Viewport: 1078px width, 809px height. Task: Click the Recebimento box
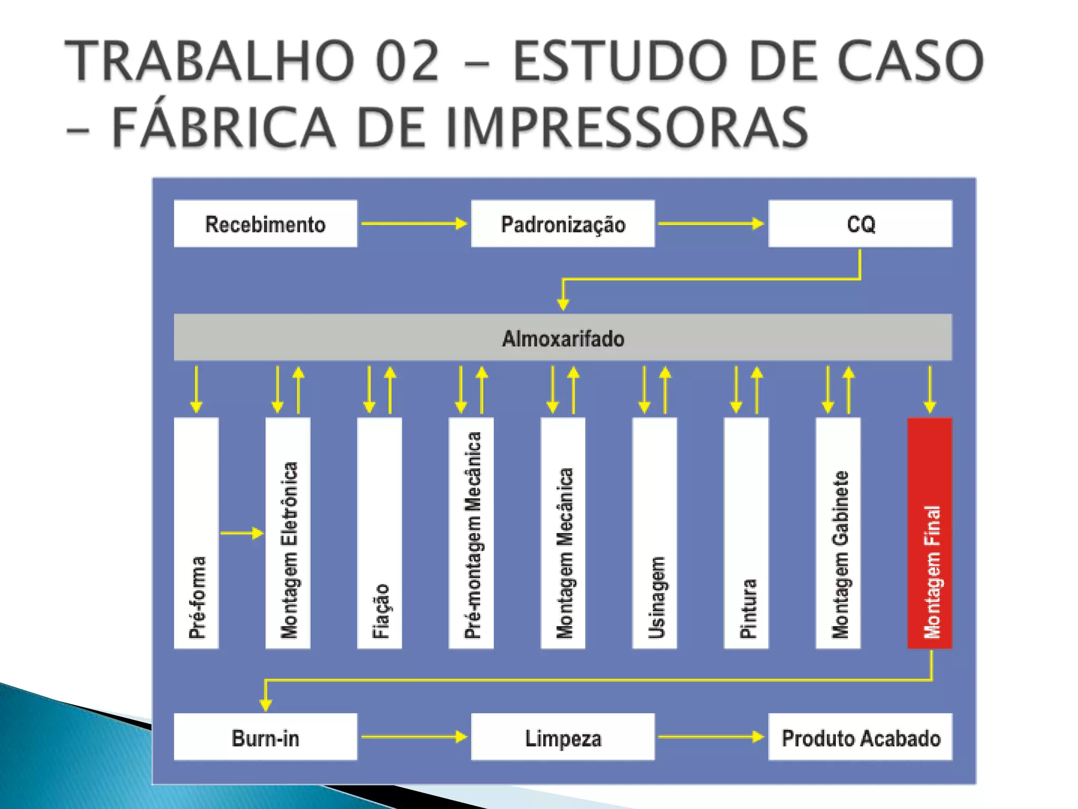(265, 224)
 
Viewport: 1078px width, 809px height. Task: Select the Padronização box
(563, 224)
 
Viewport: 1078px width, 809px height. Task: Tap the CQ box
(860, 224)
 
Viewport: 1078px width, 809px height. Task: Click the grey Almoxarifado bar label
(563, 338)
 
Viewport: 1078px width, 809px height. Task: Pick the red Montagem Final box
(930, 533)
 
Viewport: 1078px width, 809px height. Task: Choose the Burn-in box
(265, 737)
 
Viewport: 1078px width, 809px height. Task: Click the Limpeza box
(563, 737)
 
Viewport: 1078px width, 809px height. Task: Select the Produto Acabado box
(860, 737)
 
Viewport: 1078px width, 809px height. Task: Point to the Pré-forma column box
(196, 533)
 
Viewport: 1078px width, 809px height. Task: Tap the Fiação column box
(380, 533)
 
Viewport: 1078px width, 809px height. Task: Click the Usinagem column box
(654, 533)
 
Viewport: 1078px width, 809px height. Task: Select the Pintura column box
(746, 533)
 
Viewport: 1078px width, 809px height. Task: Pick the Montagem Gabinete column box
(838, 533)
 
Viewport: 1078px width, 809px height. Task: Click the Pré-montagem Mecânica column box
(471, 533)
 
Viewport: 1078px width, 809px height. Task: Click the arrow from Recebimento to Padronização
(414, 224)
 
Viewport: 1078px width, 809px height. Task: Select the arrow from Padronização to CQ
(711, 224)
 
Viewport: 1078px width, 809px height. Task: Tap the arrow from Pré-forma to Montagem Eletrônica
(242, 533)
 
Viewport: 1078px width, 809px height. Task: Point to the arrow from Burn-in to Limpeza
(414, 737)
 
